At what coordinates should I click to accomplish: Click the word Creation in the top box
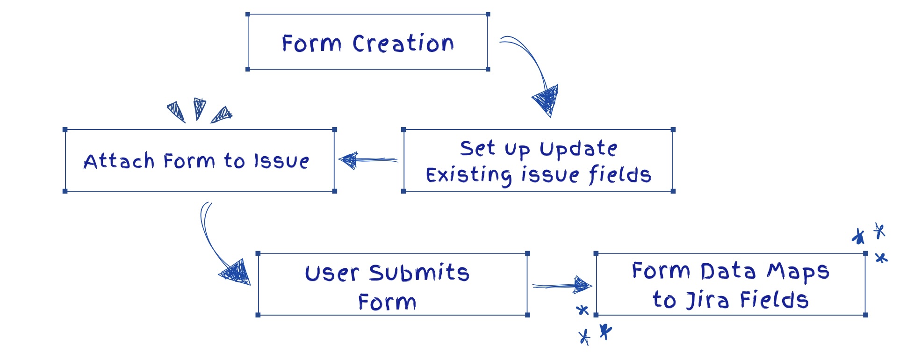403,43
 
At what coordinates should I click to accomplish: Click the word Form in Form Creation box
311,43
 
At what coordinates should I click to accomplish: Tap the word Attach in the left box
119,161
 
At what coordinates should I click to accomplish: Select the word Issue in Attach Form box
281,161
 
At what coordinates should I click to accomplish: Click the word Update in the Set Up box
578,149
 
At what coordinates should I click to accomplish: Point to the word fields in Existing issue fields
619,175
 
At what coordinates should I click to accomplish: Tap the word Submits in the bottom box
419,273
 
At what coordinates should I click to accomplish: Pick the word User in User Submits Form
332,274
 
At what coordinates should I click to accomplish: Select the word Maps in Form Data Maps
799,272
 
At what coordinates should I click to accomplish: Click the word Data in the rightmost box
727,271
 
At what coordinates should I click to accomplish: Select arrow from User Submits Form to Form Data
561,285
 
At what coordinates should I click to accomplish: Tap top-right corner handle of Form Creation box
488,14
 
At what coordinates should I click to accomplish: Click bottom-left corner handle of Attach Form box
65,191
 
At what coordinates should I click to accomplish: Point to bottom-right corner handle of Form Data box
865,315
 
